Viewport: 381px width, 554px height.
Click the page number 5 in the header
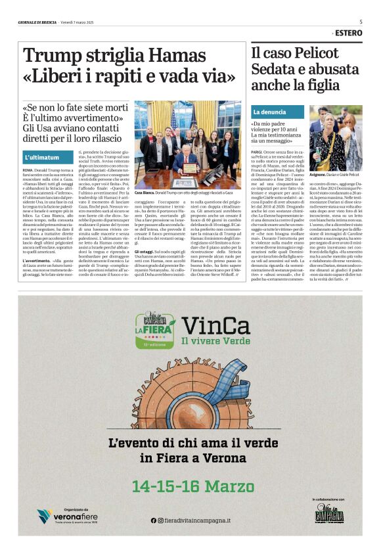click(361, 22)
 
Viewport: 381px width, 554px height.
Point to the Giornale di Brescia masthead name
click(37, 22)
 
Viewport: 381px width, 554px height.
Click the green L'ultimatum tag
click(42, 158)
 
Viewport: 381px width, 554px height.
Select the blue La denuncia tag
click(269, 112)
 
